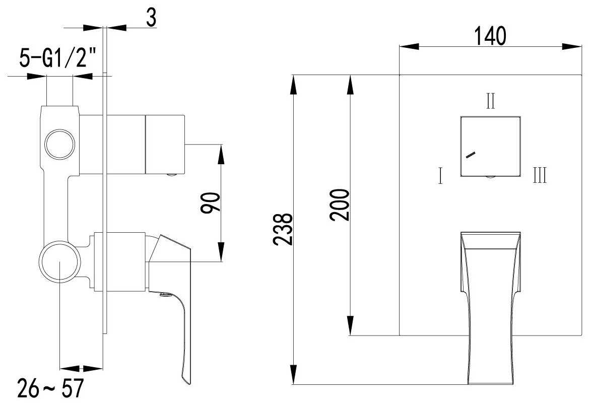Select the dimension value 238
tap(283, 230)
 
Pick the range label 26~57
tap(50, 389)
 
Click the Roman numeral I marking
tap(440, 177)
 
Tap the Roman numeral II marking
tap(490, 102)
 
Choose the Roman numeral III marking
tap(540, 177)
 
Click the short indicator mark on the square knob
tap(471, 155)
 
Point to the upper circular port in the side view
tap(60, 145)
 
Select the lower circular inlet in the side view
tap(59, 262)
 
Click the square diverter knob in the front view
tap(490, 146)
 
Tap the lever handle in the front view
tap(490, 302)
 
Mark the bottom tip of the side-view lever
tap(187, 381)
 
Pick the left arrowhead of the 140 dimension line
tap(407, 47)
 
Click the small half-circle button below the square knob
tap(490, 177)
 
